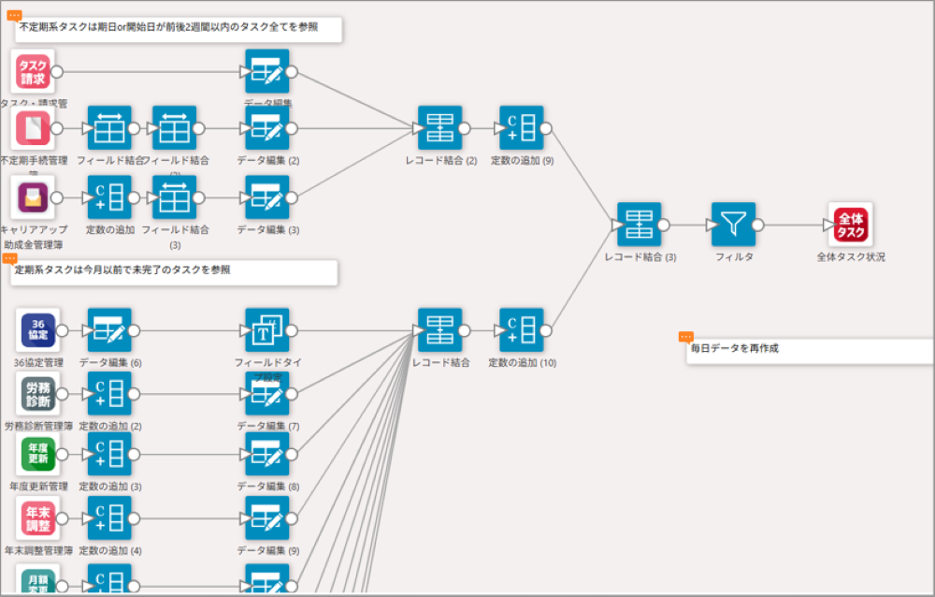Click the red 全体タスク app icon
[850, 225]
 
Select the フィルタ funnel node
[733, 225]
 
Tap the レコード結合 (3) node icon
[639, 225]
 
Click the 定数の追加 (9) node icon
[521, 128]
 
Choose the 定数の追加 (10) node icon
[521, 330]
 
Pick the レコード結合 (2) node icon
[439, 128]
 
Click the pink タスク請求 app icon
[34, 72]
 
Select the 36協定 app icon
[38, 330]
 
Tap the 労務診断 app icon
[38, 394]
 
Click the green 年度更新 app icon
[38, 455]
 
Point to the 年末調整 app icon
[38, 517]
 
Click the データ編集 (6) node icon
[109, 330]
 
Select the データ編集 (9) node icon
[267, 517]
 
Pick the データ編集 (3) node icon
[267, 197]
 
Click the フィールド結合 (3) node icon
[174, 197]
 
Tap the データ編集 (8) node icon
[267, 455]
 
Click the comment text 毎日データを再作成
[735, 348]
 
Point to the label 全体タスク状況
[850, 256]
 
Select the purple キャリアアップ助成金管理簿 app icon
[34, 197]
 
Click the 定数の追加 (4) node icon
[109, 517]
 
